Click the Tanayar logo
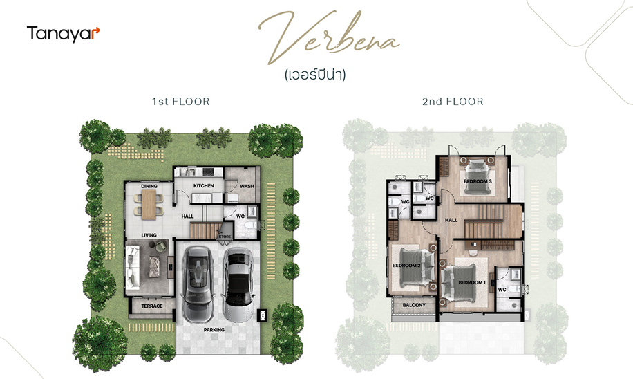click(x=63, y=34)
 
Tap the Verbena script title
click(x=329, y=38)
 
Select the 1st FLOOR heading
click(x=181, y=102)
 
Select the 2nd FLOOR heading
click(x=453, y=102)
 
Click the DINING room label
click(x=149, y=186)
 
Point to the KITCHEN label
click(x=203, y=186)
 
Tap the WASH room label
click(x=247, y=186)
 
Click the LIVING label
click(x=149, y=235)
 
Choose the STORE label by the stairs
click(x=225, y=237)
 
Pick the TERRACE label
click(x=152, y=306)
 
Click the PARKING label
click(x=214, y=330)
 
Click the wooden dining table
click(x=149, y=205)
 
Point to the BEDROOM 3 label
click(x=478, y=181)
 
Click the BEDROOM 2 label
click(x=406, y=266)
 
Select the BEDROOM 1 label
click(x=472, y=282)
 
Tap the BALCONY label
click(x=414, y=305)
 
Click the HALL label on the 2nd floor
click(x=451, y=220)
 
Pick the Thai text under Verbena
click(x=315, y=75)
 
